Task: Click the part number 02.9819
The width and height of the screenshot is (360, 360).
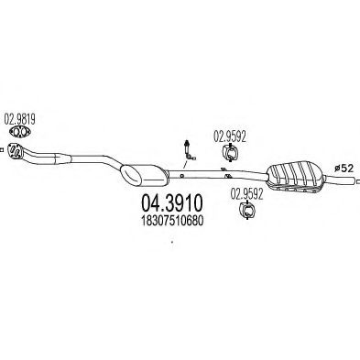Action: [x=19, y=119]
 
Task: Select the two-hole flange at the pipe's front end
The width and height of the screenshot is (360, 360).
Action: [x=15, y=150]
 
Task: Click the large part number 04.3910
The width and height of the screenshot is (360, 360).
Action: [x=172, y=203]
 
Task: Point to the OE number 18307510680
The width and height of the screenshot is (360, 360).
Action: [x=172, y=221]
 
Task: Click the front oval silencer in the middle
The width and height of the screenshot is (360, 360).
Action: [x=144, y=175]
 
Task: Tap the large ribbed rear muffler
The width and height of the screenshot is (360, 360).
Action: [x=294, y=177]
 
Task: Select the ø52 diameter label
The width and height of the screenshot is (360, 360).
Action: [x=344, y=169]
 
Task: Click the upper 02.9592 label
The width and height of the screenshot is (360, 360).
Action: [x=230, y=136]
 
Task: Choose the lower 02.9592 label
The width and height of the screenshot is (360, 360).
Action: [x=246, y=194]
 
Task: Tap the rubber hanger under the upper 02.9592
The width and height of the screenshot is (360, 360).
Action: [x=230, y=152]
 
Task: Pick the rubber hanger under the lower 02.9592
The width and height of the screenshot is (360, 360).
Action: [x=246, y=210]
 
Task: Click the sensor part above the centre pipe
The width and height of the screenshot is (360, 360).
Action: [x=188, y=150]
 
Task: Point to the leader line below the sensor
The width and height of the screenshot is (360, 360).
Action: [x=185, y=165]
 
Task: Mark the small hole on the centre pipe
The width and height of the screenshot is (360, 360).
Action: [x=181, y=175]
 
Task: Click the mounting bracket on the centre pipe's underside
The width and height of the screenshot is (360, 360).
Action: [x=227, y=176]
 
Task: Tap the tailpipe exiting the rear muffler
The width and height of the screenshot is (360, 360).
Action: [x=340, y=180]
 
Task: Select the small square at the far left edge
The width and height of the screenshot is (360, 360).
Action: [x=1, y=149]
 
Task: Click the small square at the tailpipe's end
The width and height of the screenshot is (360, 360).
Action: [x=358, y=182]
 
